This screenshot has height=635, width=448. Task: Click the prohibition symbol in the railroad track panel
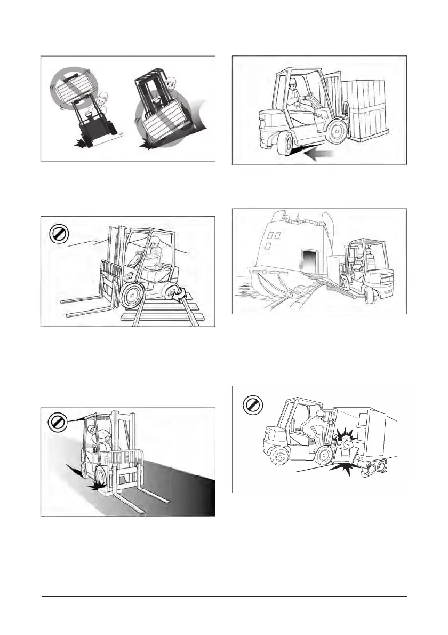tap(57, 233)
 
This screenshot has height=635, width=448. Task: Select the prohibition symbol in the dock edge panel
tap(56, 423)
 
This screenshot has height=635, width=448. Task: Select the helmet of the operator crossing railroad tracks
tap(154, 242)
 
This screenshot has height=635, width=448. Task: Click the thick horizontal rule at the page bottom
tap(225, 596)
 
